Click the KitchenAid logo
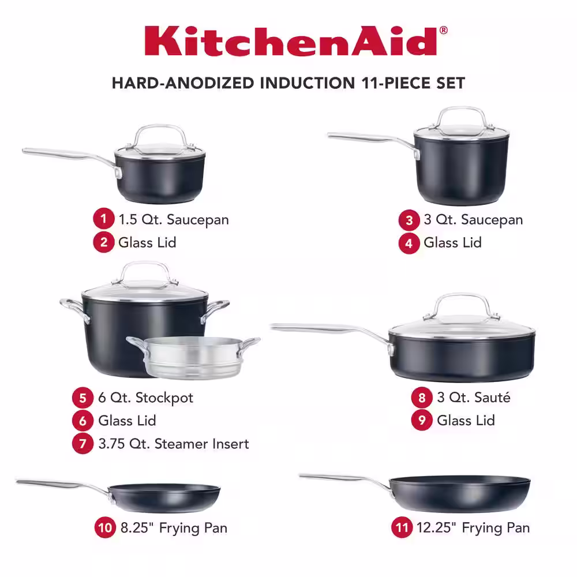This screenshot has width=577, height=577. (296, 40)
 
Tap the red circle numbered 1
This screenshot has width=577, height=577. (103, 219)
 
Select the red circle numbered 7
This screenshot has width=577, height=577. (83, 443)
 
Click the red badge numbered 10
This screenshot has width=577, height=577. (105, 528)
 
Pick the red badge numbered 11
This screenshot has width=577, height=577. (402, 528)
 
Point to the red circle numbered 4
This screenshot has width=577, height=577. (409, 243)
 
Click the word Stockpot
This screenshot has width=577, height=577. (164, 398)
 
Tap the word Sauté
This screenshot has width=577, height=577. (492, 398)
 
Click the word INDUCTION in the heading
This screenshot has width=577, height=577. (308, 83)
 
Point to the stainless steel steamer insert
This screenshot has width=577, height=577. (193, 357)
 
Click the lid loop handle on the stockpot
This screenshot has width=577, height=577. (145, 272)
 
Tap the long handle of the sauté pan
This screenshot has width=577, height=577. (331, 329)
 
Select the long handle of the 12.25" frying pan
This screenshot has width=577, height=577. (346, 479)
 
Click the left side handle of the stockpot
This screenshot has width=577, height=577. (74, 308)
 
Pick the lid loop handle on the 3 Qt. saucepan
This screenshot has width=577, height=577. (462, 117)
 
